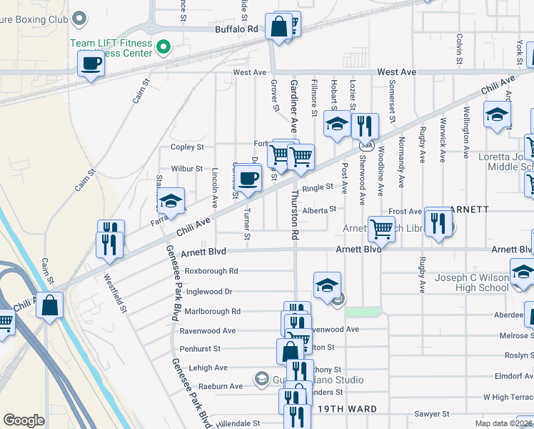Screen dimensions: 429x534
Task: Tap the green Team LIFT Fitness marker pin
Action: (163, 48)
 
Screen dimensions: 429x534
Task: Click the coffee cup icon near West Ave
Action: (91, 63)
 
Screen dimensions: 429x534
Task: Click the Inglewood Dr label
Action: (209, 292)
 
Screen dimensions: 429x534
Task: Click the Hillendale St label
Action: (222, 423)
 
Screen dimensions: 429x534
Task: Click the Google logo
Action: (24, 420)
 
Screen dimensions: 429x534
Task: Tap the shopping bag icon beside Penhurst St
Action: (291, 351)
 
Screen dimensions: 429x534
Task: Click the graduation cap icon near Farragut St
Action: (171, 201)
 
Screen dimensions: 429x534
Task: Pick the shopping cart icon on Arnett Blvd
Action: (383, 229)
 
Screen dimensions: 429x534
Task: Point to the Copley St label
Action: (187, 147)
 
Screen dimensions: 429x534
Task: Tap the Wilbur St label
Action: (187, 169)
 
